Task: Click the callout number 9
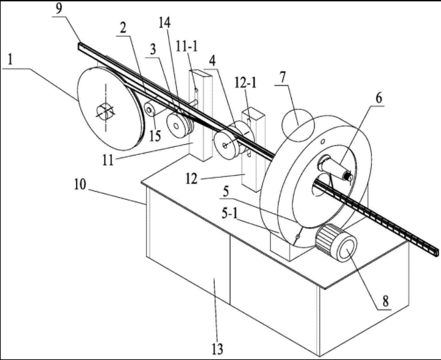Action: (59, 9)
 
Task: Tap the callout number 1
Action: (11, 59)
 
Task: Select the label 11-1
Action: (186, 47)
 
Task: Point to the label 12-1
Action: (246, 83)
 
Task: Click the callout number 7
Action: (282, 77)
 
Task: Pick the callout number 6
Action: (378, 98)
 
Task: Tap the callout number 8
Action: (386, 301)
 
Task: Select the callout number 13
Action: (217, 349)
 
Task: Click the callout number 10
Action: (80, 186)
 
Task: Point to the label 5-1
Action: (230, 214)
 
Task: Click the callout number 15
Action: (155, 136)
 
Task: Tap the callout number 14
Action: (165, 23)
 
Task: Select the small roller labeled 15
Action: (150, 110)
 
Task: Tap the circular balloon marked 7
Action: (298, 126)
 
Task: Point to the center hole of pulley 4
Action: (224, 145)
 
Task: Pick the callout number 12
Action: (191, 178)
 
